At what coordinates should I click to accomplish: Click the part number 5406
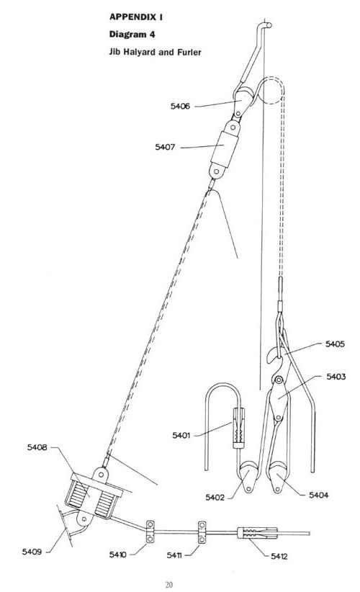tap(180, 106)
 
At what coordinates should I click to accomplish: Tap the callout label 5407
tap(165, 147)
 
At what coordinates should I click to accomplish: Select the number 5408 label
tap(37, 447)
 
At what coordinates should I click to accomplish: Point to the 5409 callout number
tap(32, 552)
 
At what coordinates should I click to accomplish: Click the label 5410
tap(118, 555)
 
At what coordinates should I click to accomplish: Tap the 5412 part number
tap(279, 556)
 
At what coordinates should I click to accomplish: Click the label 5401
tap(181, 435)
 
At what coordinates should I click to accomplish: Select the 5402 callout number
tap(215, 497)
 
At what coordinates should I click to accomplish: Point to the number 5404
tap(318, 495)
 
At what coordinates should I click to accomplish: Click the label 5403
tap(336, 377)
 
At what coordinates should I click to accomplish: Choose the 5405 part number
tap(335, 344)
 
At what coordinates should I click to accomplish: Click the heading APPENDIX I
tap(136, 17)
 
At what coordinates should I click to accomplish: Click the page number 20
tap(168, 585)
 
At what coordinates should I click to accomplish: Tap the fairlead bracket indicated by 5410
tap(150, 532)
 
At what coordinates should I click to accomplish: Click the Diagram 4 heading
tap(132, 35)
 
